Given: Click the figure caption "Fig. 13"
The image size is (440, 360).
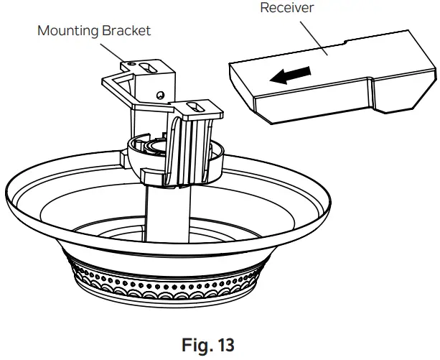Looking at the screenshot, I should (219, 344).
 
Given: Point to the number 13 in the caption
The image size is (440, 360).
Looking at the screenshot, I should (234, 344).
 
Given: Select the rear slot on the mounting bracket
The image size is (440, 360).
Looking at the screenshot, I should (150, 67).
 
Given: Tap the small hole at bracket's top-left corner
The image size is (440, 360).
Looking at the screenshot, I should (131, 65).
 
